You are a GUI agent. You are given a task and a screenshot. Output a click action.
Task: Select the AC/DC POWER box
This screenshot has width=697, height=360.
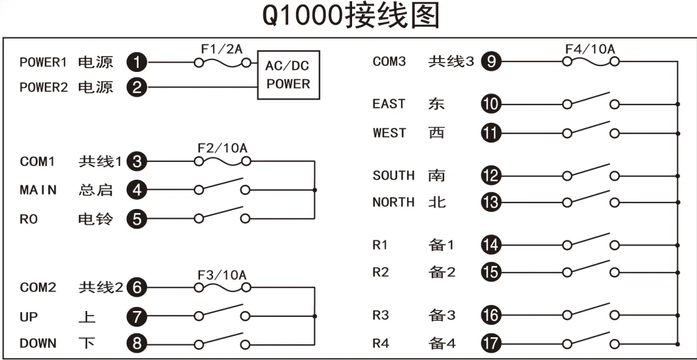click(x=288, y=75)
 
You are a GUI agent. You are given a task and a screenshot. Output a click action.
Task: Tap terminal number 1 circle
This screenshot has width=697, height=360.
click(x=137, y=63)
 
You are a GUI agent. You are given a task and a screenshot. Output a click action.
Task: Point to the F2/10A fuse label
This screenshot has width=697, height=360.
click(x=221, y=148)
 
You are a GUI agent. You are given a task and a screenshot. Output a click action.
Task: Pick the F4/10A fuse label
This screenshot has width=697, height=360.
click(x=590, y=49)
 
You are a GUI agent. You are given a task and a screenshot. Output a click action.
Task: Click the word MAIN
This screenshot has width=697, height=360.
click(x=38, y=190)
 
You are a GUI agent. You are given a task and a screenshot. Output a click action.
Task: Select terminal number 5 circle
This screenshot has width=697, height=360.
click(x=137, y=219)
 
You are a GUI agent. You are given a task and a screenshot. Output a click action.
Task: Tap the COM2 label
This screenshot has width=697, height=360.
click(x=38, y=287)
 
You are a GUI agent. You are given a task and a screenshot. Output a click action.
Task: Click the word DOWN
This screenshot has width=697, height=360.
click(x=38, y=343)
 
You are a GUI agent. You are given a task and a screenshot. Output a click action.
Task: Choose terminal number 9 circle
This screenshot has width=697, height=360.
click(x=491, y=62)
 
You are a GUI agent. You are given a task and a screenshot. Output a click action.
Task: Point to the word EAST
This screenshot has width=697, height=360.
click(x=389, y=104)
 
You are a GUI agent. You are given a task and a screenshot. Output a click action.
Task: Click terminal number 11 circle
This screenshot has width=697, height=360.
click(x=491, y=133)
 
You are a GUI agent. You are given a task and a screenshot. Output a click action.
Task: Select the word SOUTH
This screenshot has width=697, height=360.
click(x=393, y=175)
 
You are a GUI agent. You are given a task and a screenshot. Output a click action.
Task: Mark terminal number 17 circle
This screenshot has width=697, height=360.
click(x=491, y=342)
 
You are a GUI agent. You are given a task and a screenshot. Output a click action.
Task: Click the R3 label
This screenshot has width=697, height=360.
click(x=381, y=315)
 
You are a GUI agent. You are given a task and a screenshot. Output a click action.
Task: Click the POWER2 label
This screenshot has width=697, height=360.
click(x=43, y=87)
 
